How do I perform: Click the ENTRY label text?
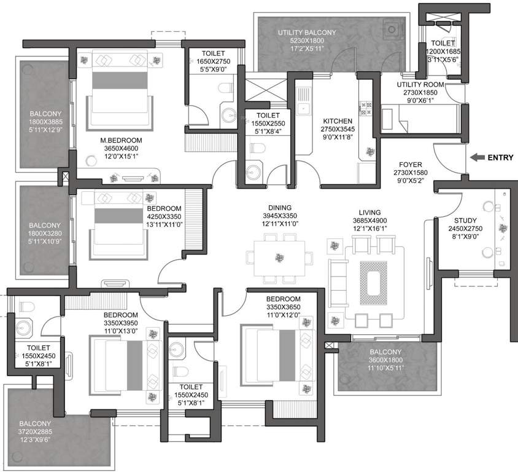coord(500,157)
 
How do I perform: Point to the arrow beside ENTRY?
coord(476,157)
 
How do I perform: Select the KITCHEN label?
coord(338,121)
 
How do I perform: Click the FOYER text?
coord(409,165)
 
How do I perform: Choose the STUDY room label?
coord(465,221)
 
